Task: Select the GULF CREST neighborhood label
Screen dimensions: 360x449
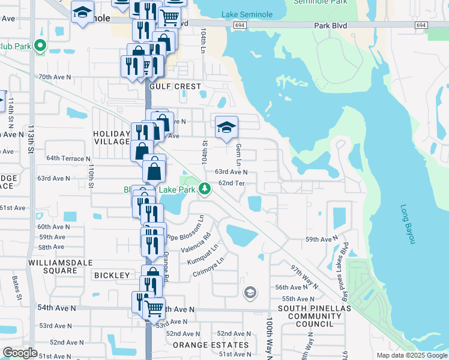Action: [x=179, y=87]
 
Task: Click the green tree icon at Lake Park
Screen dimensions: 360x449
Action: [x=205, y=189]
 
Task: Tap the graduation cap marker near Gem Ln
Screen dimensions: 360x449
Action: [x=226, y=128]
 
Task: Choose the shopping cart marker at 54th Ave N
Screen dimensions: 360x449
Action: [x=155, y=309]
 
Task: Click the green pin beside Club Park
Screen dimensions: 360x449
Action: [x=40, y=45]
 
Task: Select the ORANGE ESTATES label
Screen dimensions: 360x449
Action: [x=211, y=345]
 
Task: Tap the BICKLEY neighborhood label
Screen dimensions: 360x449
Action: [x=112, y=275]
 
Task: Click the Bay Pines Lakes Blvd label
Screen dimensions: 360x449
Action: [x=345, y=264]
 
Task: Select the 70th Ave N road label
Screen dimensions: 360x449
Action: [x=55, y=77]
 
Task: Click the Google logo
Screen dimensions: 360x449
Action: [x=20, y=353]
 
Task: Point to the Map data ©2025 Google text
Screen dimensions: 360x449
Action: [x=411, y=355]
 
